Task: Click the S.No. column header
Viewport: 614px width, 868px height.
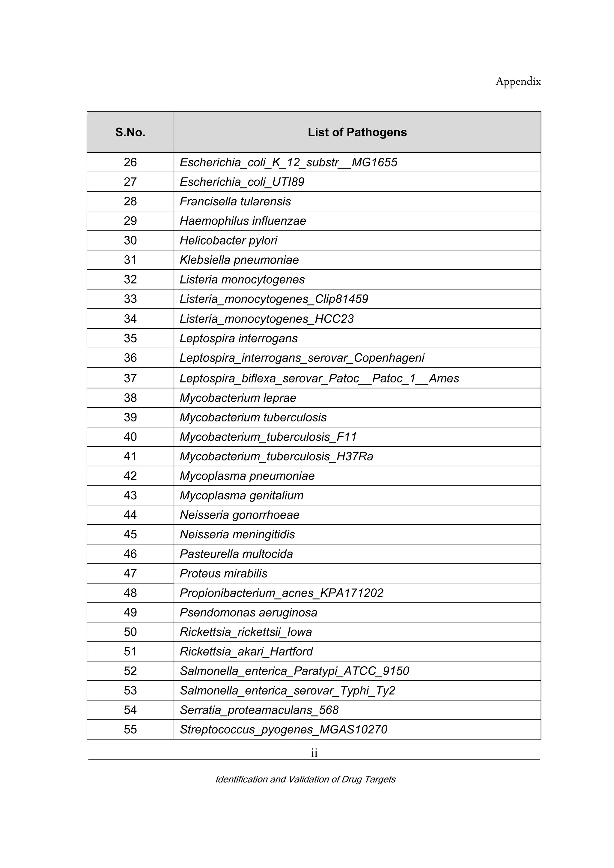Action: coord(130,132)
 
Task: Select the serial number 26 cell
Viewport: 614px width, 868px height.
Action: coord(130,162)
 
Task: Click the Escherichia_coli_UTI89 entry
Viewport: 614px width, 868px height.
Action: coord(242,182)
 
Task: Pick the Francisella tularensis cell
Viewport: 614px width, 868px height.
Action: coord(235,201)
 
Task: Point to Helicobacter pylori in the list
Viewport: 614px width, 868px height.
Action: coord(228,240)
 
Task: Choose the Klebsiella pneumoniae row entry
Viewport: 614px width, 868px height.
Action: coord(239,260)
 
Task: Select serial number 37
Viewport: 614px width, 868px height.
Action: coord(130,379)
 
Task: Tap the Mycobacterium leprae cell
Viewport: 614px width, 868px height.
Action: coord(238,398)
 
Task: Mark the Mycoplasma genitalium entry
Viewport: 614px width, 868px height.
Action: coord(242,496)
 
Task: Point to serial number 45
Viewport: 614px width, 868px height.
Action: coord(130,535)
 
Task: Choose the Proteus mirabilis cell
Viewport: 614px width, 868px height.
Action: coord(223,573)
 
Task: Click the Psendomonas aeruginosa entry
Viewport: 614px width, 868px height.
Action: coord(249,612)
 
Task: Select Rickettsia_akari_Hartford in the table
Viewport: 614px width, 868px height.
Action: coord(246,652)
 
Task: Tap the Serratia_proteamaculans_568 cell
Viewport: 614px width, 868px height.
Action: coord(259,710)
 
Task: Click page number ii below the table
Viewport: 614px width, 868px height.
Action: coord(314,754)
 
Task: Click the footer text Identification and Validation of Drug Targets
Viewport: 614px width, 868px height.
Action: coord(306,779)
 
